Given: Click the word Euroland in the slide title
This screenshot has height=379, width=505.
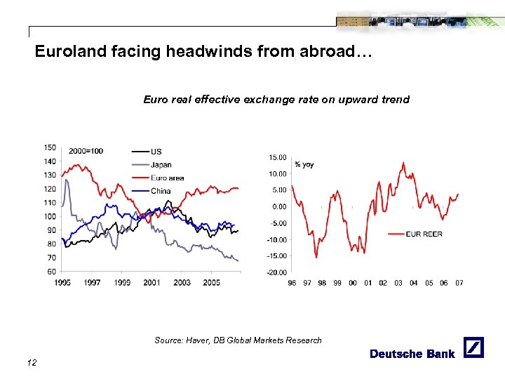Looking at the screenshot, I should [x=65, y=52].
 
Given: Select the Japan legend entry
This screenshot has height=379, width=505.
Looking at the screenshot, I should [x=161, y=165].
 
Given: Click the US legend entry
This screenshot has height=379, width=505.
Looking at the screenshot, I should [x=156, y=152].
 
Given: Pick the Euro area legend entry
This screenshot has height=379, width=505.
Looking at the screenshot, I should [x=167, y=178].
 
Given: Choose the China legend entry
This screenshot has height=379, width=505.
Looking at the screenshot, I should [x=161, y=191].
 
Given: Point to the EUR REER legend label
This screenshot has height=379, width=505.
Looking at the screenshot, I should [x=424, y=234].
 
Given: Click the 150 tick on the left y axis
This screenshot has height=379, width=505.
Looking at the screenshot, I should [x=50, y=147].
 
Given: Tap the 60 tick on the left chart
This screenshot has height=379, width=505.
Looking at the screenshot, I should [x=51, y=272].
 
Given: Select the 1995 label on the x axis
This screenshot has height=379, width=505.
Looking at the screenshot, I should [x=62, y=282].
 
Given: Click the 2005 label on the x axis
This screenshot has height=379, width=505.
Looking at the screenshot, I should [x=211, y=282].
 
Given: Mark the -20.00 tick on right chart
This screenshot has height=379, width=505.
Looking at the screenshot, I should [x=276, y=272].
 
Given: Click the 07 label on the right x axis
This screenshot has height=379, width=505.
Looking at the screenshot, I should [x=459, y=283].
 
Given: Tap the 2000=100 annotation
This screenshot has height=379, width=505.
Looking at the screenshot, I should [x=86, y=151].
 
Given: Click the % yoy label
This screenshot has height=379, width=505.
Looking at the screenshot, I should [x=304, y=164].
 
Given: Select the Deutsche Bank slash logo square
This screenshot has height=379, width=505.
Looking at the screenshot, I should [x=474, y=347].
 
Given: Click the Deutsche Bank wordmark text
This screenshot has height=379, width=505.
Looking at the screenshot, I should [x=412, y=354].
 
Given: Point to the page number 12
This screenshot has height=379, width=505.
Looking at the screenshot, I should [x=31, y=362].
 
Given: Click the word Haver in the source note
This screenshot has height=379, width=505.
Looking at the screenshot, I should [x=198, y=340].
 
